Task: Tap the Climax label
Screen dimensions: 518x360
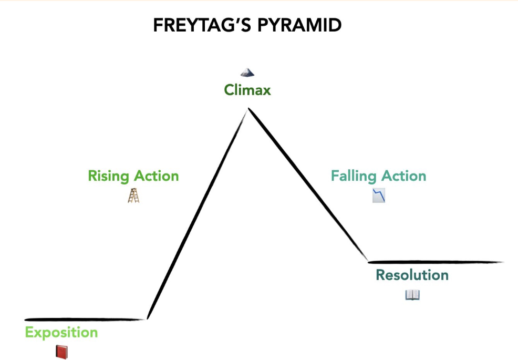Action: (247, 90)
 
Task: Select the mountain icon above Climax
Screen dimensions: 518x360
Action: (247, 73)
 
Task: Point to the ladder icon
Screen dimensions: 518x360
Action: (133, 196)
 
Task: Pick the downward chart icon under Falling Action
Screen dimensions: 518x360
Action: (379, 196)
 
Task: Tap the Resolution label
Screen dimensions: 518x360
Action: (412, 275)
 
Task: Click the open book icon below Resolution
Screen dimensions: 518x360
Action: (412, 295)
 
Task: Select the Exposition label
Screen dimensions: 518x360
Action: (61, 333)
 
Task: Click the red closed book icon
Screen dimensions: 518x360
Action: (61, 352)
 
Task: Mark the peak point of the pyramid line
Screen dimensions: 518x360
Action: (248, 109)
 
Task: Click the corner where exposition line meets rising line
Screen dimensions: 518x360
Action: (148, 318)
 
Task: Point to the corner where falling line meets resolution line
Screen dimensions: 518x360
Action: (368, 261)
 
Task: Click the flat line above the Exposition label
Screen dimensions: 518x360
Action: (84, 319)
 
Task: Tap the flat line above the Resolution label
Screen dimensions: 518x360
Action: (436, 262)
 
